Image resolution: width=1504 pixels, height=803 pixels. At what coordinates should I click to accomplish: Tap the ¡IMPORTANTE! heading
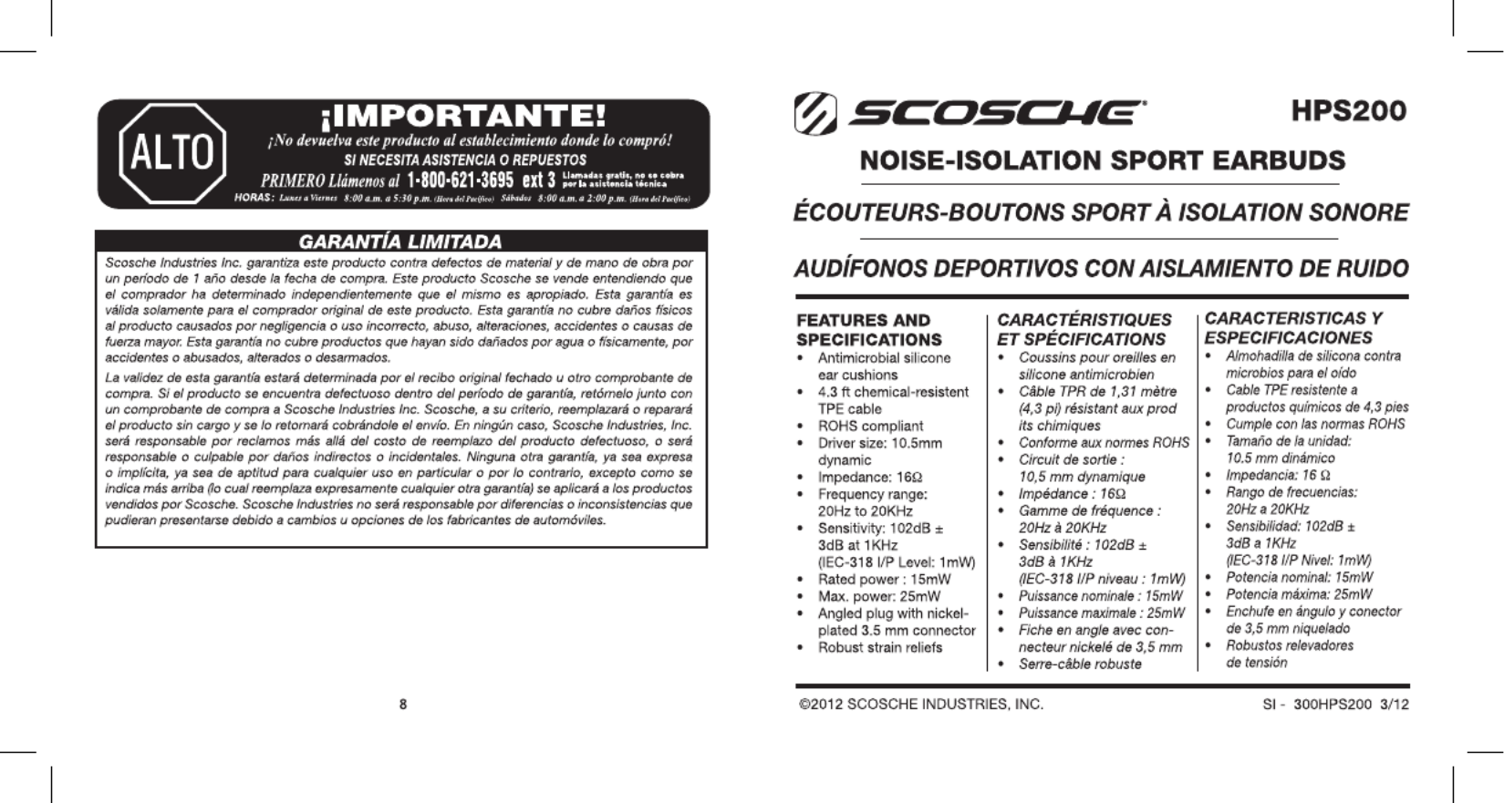463,117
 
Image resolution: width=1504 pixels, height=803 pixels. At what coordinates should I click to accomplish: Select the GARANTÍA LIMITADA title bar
401,242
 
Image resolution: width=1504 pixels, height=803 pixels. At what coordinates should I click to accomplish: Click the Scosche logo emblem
814,113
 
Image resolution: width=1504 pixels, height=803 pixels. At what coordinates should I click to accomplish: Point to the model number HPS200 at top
1349,111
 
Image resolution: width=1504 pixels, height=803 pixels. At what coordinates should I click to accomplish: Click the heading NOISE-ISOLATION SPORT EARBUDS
1102,160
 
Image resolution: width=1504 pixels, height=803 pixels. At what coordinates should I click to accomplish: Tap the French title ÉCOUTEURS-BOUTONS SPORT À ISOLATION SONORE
1101,213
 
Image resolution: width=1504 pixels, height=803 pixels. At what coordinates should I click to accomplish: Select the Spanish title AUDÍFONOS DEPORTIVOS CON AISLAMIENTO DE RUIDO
1101,270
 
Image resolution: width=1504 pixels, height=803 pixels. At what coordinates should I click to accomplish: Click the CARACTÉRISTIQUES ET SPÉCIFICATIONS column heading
1084,329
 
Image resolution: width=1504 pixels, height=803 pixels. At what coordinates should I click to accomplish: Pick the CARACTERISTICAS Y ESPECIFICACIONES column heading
1292,327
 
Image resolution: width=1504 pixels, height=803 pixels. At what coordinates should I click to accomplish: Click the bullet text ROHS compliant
870,426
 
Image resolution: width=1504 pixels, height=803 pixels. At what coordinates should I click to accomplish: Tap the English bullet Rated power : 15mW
884,579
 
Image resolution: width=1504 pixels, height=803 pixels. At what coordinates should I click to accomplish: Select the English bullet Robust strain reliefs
880,647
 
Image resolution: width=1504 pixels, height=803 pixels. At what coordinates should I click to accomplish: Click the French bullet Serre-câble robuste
1080,664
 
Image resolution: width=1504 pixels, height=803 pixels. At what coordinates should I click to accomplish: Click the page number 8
403,704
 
